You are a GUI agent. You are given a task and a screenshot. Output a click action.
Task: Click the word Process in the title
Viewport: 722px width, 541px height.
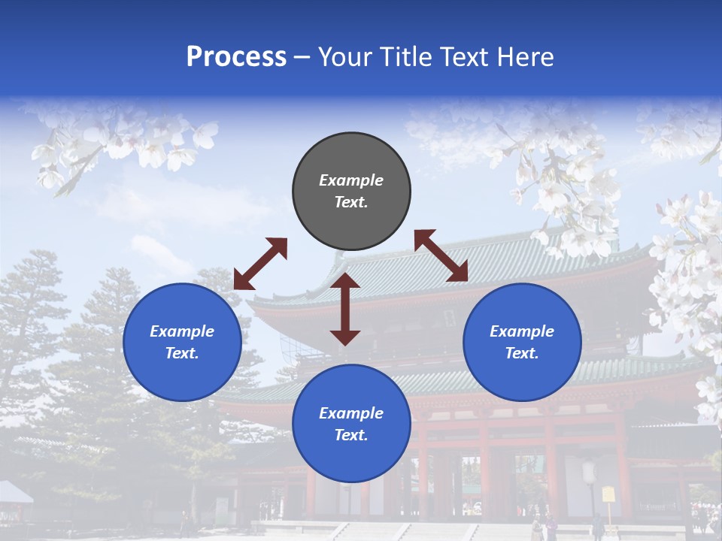click(x=236, y=57)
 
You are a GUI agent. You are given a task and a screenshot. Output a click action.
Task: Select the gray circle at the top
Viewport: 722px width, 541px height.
click(x=351, y=191)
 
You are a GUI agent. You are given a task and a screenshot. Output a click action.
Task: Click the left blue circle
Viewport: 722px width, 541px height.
click(x=182, y=342)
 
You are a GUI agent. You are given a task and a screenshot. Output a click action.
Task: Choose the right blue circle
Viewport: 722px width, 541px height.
click(x=522, y=342)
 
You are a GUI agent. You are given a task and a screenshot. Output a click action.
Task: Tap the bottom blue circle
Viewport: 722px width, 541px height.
click(x=351, y=424)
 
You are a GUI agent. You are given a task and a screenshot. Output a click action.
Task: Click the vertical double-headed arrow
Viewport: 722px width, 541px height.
click(x=345, y=309)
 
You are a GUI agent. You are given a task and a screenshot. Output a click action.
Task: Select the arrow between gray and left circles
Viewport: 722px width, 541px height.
click(x=260, y=264)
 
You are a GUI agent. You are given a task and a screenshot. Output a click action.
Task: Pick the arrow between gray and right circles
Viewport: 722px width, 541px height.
click(x=441, y=256)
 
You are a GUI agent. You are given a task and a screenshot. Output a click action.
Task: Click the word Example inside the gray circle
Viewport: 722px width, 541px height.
click(x=351, y=180)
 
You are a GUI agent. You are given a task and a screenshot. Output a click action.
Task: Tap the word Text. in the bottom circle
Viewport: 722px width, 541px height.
click(x=351, y=435)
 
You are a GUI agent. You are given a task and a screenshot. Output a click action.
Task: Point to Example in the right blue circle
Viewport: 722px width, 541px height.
click(x=522, y=331)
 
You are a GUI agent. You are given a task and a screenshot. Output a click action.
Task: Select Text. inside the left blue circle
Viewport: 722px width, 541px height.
click(x=182, y=353)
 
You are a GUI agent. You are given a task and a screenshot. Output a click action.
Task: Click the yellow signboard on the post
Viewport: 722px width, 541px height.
click(x=608, y=494)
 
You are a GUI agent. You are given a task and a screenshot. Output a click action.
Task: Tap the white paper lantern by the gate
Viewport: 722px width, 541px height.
click(x=590, y=472)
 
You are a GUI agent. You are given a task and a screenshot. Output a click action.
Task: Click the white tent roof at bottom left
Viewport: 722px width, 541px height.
click(x=14, y=492)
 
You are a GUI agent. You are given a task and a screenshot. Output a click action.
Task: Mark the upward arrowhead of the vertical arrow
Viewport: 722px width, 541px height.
click(x=345, y=280)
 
